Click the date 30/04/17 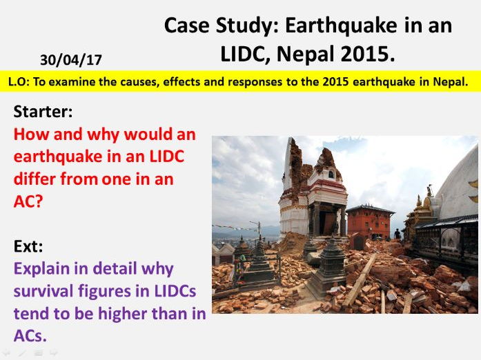coord(71,60)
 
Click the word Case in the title coord(187,25)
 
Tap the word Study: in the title coord(247,26)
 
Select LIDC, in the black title coord(246,54)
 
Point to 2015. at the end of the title coord(368,54)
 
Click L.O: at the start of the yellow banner coord(19,81)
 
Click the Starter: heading coord(43,111)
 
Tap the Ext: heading coord(28,246)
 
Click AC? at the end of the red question coord(28,201)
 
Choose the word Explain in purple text coord(42,269)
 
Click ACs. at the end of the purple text coord(30,336)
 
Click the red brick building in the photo coord(370,222)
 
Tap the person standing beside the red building coord(397,234)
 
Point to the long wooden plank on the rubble coord(359,281)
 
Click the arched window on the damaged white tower coord(331,174)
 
